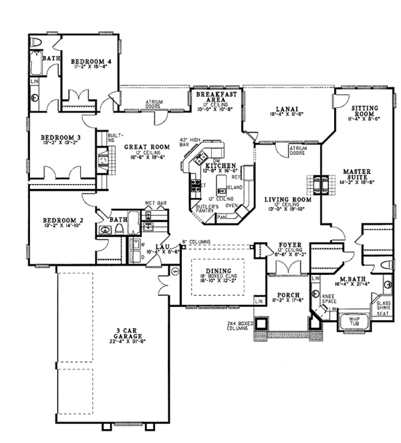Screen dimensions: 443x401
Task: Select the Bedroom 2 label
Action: coord(57,219)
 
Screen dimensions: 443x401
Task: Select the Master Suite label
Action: coord(362,175)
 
